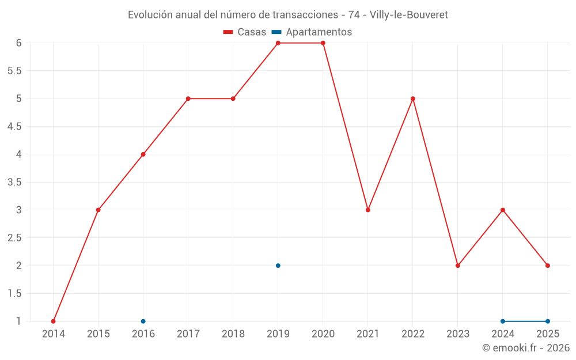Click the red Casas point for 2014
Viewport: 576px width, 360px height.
point(53,321)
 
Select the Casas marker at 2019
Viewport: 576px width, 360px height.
point(278,43)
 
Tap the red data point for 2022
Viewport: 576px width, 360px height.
point(413,98)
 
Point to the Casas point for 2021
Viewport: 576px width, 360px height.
point(368,210)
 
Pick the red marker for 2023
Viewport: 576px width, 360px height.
point(458,266)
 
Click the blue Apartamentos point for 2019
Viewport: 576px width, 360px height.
point(278,266)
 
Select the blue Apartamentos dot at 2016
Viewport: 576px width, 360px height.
point(143,321)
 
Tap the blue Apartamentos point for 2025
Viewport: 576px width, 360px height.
point(548,321)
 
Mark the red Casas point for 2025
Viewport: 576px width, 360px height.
point(548,266)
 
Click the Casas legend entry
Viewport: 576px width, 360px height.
point(245,32)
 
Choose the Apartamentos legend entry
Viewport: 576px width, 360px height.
point(312,32)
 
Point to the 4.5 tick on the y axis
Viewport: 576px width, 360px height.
point(14,126)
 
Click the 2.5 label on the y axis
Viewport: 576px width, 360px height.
point(14,238)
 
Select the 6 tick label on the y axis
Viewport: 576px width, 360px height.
point(19,43)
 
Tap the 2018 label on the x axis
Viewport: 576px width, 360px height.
point(233,334)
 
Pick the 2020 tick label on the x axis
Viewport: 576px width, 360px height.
point(323,334)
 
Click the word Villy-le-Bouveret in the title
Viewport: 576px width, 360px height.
point(409,15)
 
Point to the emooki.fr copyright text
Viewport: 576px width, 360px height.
point(526,347)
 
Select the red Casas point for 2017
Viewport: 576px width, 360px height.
point(188,98)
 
